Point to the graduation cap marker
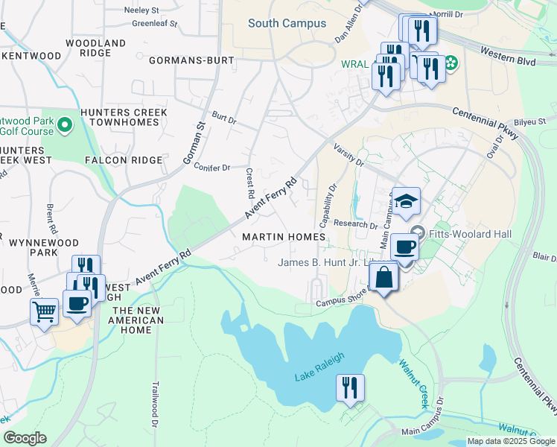point(407,201)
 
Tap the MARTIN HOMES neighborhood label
point(284,237)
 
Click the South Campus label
point(287,24)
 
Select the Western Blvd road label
point(508,57)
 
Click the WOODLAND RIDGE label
point(96,48)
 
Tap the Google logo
point(25,438)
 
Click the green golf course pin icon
point(65,124)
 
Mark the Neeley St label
point(141,11)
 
